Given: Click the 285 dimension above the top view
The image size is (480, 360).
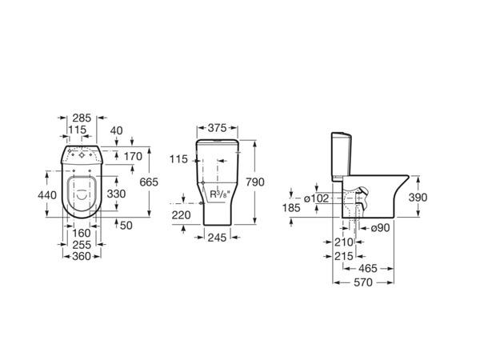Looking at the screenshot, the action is tap(82, 118).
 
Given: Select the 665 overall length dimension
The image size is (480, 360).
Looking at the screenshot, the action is tap(149, 182).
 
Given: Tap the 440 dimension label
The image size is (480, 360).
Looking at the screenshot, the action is tap(47, 195).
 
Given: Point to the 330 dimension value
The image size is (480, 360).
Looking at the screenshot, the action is tap(116, 194).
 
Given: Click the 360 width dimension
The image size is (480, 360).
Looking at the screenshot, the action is tap(82, 256).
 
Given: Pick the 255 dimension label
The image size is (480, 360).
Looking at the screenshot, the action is tap(82, 245).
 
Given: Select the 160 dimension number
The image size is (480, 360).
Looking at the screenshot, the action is tap(82, 234).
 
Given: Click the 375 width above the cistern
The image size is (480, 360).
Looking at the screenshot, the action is tap(217, 128).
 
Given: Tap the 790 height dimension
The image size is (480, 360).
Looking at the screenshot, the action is tap(255, 182).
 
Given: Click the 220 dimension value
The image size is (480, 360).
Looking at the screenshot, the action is tap(181, 215).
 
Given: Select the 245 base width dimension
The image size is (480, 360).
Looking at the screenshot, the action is tap(217, 238).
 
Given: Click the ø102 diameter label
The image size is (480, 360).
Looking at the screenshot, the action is tap(317, 198).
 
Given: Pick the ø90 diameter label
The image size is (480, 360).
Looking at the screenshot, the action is tap(380, 228).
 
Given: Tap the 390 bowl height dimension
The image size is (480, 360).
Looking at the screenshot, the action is tap(418, 198).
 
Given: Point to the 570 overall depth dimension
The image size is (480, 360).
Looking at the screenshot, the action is tap(363, 282).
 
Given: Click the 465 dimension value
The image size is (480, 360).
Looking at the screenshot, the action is tap(368, 269).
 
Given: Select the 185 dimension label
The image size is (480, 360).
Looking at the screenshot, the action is tap(291, 208).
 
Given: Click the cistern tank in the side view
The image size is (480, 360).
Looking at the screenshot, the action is tap(342, 156).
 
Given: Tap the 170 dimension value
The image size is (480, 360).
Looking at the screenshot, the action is tap(133, 157).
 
